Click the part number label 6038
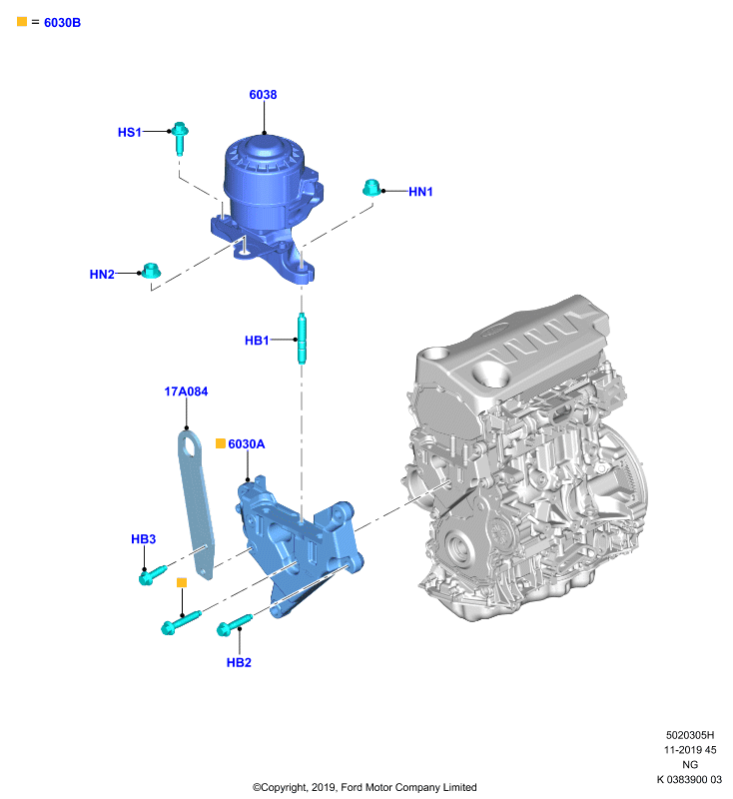263,95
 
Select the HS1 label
130,133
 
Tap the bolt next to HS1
180,138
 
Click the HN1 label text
420,192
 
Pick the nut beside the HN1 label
372,188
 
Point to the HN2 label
102,274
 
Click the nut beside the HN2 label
151,271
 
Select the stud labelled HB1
302,339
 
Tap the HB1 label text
257,341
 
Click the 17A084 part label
186,392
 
